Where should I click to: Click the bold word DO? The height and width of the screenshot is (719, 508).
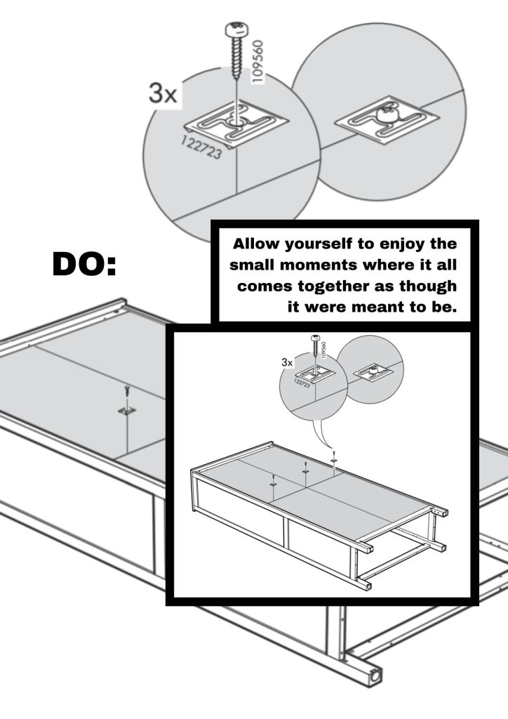click(x=84, y=264)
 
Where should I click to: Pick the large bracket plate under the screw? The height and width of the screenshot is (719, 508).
click(x=236, y=124)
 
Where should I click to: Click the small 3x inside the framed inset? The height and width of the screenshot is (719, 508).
click(x=287, y=363)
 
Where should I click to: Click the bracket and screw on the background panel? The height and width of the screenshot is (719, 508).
click(x=127, y=402)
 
